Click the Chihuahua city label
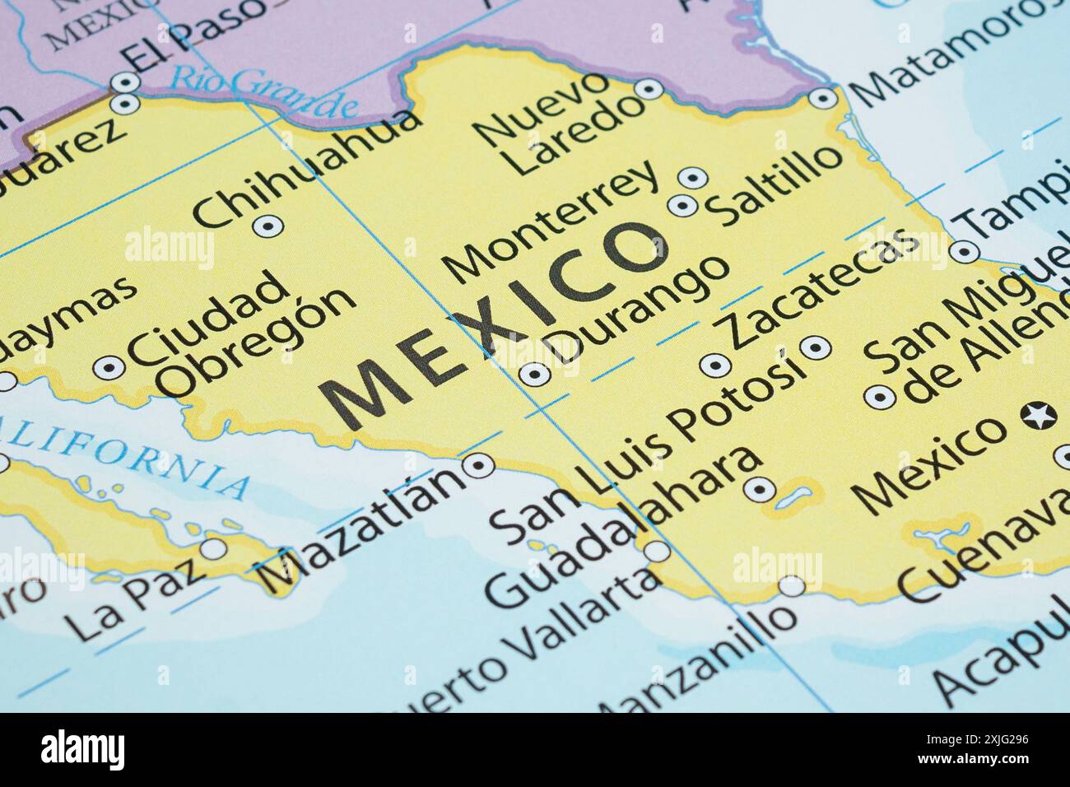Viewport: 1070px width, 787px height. [307, 168]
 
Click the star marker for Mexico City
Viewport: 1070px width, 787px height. [1039, 415]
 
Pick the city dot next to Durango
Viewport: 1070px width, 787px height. [536, 375]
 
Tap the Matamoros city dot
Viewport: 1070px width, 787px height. [822, 99]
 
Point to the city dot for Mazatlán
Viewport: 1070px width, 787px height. [477, 466]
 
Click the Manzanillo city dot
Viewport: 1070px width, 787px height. [792, 586]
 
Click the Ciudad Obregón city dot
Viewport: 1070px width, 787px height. [109, 367]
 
